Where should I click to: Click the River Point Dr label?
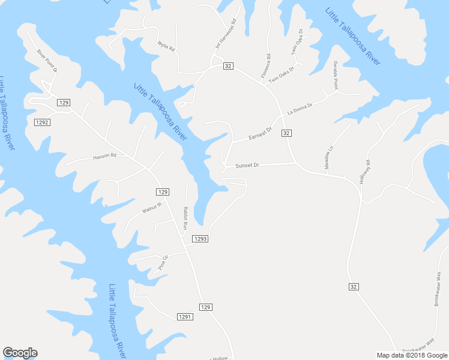click(x=46, y=60)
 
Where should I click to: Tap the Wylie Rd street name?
click(x=165, y=46)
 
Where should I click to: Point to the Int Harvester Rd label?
click(x=226, y=33)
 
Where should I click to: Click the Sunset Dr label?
click(x=247, y=165)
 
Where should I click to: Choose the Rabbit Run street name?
click(x=185, y=218)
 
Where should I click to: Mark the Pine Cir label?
click(x=163, y=262)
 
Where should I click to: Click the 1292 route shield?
click(x=42, y=122)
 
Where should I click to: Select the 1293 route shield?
click(x=200, y=239)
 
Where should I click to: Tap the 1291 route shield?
click(x=185, y=317)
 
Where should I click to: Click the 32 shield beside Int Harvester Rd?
click(x=228, y=65)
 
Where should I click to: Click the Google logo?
click(x=20, y=353)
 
